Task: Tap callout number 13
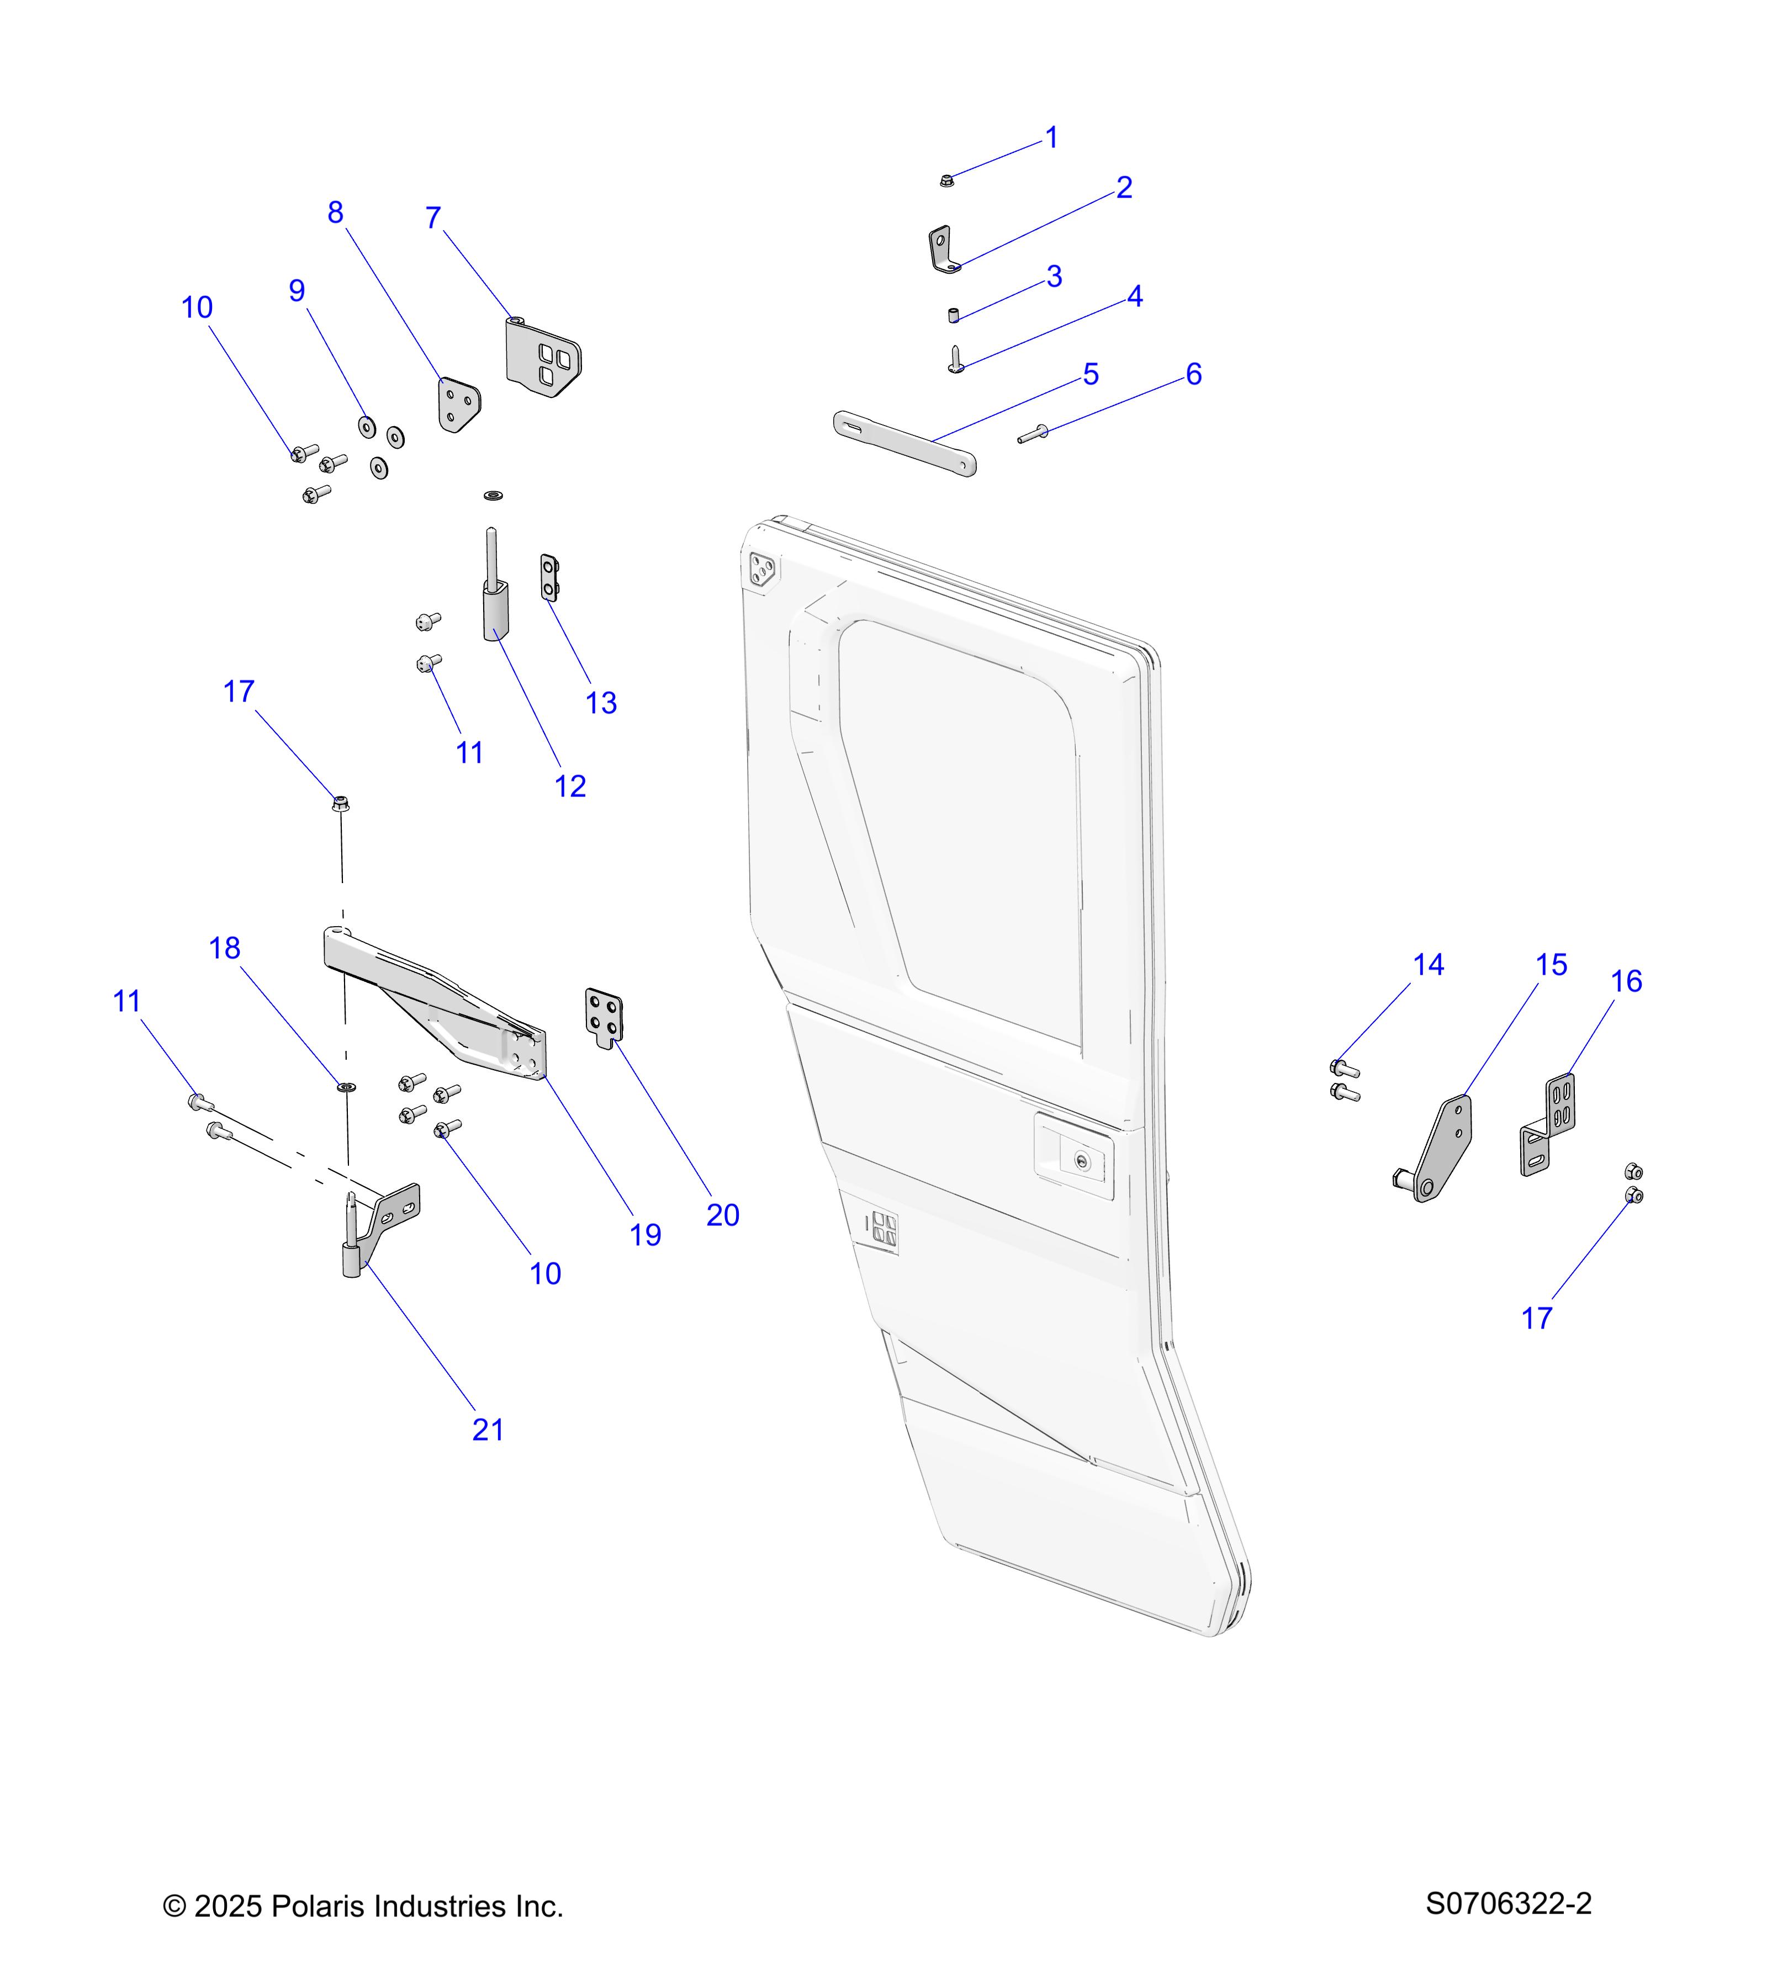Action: (x=601, y=703)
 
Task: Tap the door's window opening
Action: (x=958, y=826)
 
